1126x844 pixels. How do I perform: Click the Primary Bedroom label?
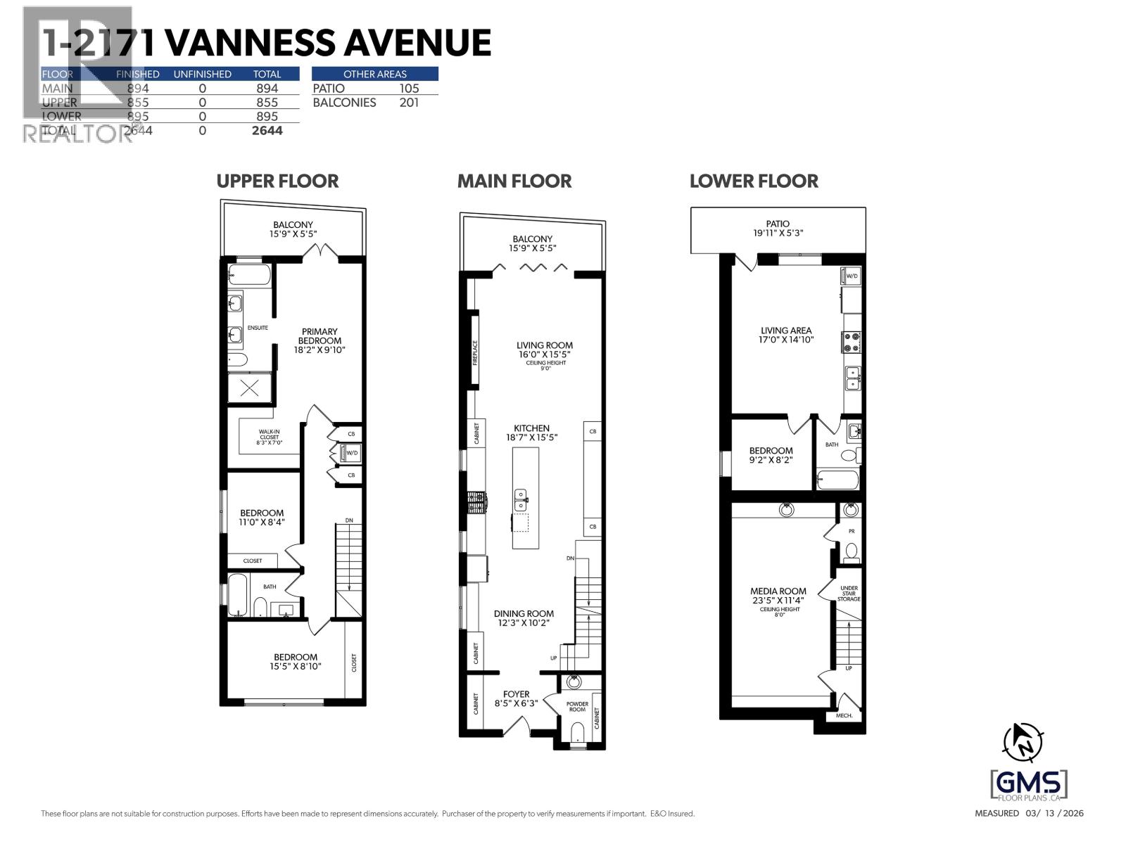click(x=320, y=336)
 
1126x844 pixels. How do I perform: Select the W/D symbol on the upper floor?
click(x=350, y=454)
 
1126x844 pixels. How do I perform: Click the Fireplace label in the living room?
click(x=475, y=352)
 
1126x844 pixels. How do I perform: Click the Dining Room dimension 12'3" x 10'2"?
click(x=524, y=623)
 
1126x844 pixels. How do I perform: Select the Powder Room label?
click(x=577, y=706)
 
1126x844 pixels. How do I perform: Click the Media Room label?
click(x=778, y=592)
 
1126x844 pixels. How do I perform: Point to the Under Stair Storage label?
click(x=849, y=593)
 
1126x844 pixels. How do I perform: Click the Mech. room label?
click(x=844, y=715)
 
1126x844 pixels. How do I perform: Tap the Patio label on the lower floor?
click(x=778, y=224)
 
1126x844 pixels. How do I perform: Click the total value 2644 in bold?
click(x=267, y=131)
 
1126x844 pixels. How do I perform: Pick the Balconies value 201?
click(x=408, y=103)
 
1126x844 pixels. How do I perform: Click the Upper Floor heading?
click(x=277, y=181)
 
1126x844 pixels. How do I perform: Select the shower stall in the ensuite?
click(x=248, y=388)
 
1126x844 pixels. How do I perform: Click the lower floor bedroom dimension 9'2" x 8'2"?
click(x=771, y=460)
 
